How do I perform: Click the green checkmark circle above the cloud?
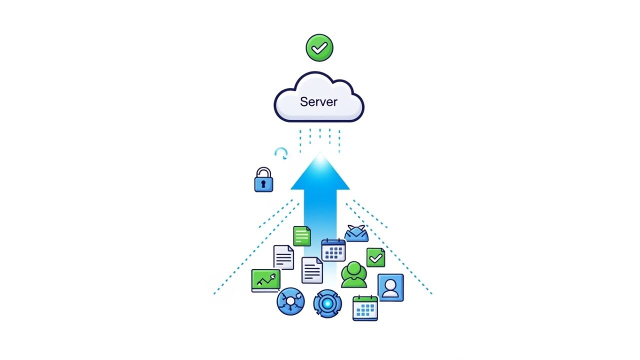click(319, 47)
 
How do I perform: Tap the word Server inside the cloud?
click(318, 101)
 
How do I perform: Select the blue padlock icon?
click(263, 179)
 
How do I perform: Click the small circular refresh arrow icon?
click(281, 153)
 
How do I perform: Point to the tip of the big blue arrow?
click(320, 152)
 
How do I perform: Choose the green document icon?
click(302, 236)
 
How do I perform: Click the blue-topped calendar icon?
click(333, 250)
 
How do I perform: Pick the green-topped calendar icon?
click(365, 308)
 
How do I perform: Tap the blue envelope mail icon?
click(356, 233)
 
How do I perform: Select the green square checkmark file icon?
click(375, 257)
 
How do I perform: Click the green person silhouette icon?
click(354, 274)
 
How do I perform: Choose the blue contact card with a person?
click(390, 287)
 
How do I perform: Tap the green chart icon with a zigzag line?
click(265, 280)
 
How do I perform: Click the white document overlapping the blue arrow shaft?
click(312, 270)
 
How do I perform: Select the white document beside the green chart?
click(283, 257)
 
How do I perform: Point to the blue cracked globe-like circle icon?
click(290, 301)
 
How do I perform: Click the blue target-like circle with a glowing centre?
click(327, 303)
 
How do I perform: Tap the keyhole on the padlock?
click(263, 183)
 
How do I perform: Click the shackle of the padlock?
click(263, 172)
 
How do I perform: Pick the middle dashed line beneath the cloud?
click(320, 133)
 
